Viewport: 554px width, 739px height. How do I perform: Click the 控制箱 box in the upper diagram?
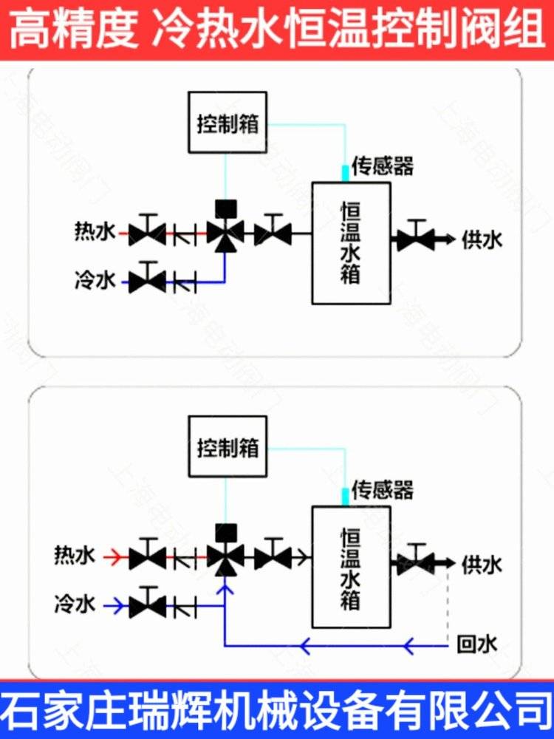[x=228, y=122]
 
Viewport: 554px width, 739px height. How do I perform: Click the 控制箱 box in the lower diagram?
[x=228, y=447]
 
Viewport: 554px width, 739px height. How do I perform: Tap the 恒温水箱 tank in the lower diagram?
[x=350, y=567]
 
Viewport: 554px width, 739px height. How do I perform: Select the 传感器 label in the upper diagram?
[x=382, y=166]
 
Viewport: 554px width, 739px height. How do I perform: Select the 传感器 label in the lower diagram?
[x=382, y=489]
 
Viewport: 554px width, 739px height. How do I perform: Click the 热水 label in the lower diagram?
[x=75, y=556]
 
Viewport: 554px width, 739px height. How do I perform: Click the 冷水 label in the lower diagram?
[x=75, y=605]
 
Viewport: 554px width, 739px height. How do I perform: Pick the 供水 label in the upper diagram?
[x=482, y=239]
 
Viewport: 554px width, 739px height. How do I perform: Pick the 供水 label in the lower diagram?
[x=482, y=565]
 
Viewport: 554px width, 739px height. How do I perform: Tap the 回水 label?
[x=477, y=645]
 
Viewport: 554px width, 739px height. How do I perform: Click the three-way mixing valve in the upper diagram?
[x=225, y=233]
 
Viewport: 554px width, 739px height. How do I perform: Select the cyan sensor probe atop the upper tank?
[x=344, y=173]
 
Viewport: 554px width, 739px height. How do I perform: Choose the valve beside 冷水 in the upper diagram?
[x=147, y=280]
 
